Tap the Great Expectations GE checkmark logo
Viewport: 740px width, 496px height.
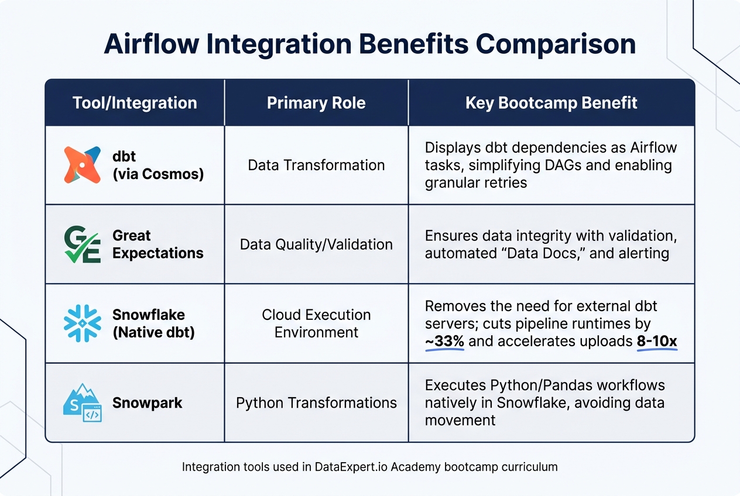tap(82, 244)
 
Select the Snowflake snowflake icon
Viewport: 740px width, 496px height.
tap(82, 323)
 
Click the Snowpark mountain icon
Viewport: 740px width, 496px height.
tap(82, 403)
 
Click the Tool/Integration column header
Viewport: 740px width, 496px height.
tap(135, 103)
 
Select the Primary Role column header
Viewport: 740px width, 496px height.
tap(316, 103)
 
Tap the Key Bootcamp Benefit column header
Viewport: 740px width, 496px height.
tap(551, 103)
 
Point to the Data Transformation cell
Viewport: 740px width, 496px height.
tap(316, 165)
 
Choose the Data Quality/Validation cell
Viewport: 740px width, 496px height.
tap(316, 244)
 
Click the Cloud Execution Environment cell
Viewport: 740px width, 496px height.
tap(316, 323)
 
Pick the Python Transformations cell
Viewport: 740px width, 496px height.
tap(316, 402)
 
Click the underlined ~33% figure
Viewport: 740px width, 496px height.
tap(444, 341)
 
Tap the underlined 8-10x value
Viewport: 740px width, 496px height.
tap(656, 341)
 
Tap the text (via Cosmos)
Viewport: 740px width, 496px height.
tap(157, 174)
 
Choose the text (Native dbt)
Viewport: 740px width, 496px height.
tap(153, 332)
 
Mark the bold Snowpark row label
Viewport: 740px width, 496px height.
tap(147, 403)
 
